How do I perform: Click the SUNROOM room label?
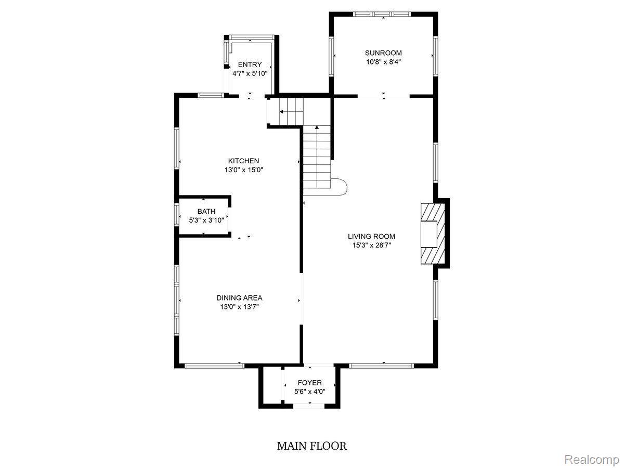383,53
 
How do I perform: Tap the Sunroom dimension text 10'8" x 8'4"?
383,62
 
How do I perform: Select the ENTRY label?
250,64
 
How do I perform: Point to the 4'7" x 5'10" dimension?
250,74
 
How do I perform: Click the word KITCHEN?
243,161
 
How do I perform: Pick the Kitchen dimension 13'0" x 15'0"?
244,170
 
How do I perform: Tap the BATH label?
206,212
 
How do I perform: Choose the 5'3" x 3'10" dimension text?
206,220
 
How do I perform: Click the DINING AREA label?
239,298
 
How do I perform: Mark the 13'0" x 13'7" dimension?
239,307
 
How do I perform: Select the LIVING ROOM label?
371,236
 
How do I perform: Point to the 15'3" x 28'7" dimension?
372,245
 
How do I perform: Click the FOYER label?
309,383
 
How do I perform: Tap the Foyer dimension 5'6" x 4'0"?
309,392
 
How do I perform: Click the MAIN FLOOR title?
312,446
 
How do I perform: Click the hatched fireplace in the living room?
433,233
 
